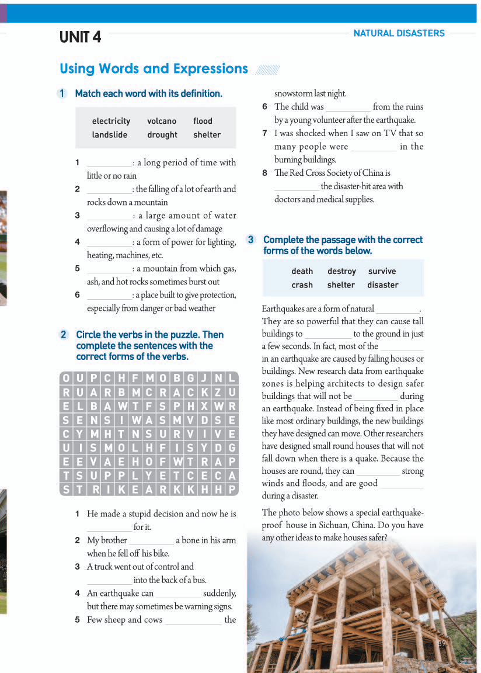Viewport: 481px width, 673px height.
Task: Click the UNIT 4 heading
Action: [80, 37]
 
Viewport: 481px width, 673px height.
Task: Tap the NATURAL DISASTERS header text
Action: [399, 33]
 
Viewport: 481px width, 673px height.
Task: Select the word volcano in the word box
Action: [162, 121]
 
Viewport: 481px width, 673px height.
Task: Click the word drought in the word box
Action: [162, 135]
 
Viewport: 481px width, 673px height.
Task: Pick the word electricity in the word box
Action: [111, 121]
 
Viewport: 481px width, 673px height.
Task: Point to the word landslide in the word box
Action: [109, 135]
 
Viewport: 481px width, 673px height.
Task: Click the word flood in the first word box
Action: [203, 121]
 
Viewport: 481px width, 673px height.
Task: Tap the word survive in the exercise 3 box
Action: [382, 271]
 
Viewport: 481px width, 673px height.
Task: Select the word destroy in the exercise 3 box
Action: [341, 271]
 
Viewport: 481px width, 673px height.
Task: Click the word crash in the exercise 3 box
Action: [302, 285]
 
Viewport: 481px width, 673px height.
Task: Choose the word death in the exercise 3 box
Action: [302, 271]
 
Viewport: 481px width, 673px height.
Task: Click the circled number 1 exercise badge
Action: [63, 93]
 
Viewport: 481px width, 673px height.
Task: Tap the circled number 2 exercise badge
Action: [64, 335]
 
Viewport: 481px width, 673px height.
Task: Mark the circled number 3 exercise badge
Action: [251, 240]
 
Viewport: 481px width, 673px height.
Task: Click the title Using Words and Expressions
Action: [154, 69]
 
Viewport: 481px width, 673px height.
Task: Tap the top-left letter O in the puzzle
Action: [66, 378]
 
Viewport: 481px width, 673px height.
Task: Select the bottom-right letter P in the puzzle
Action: [232, 490]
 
